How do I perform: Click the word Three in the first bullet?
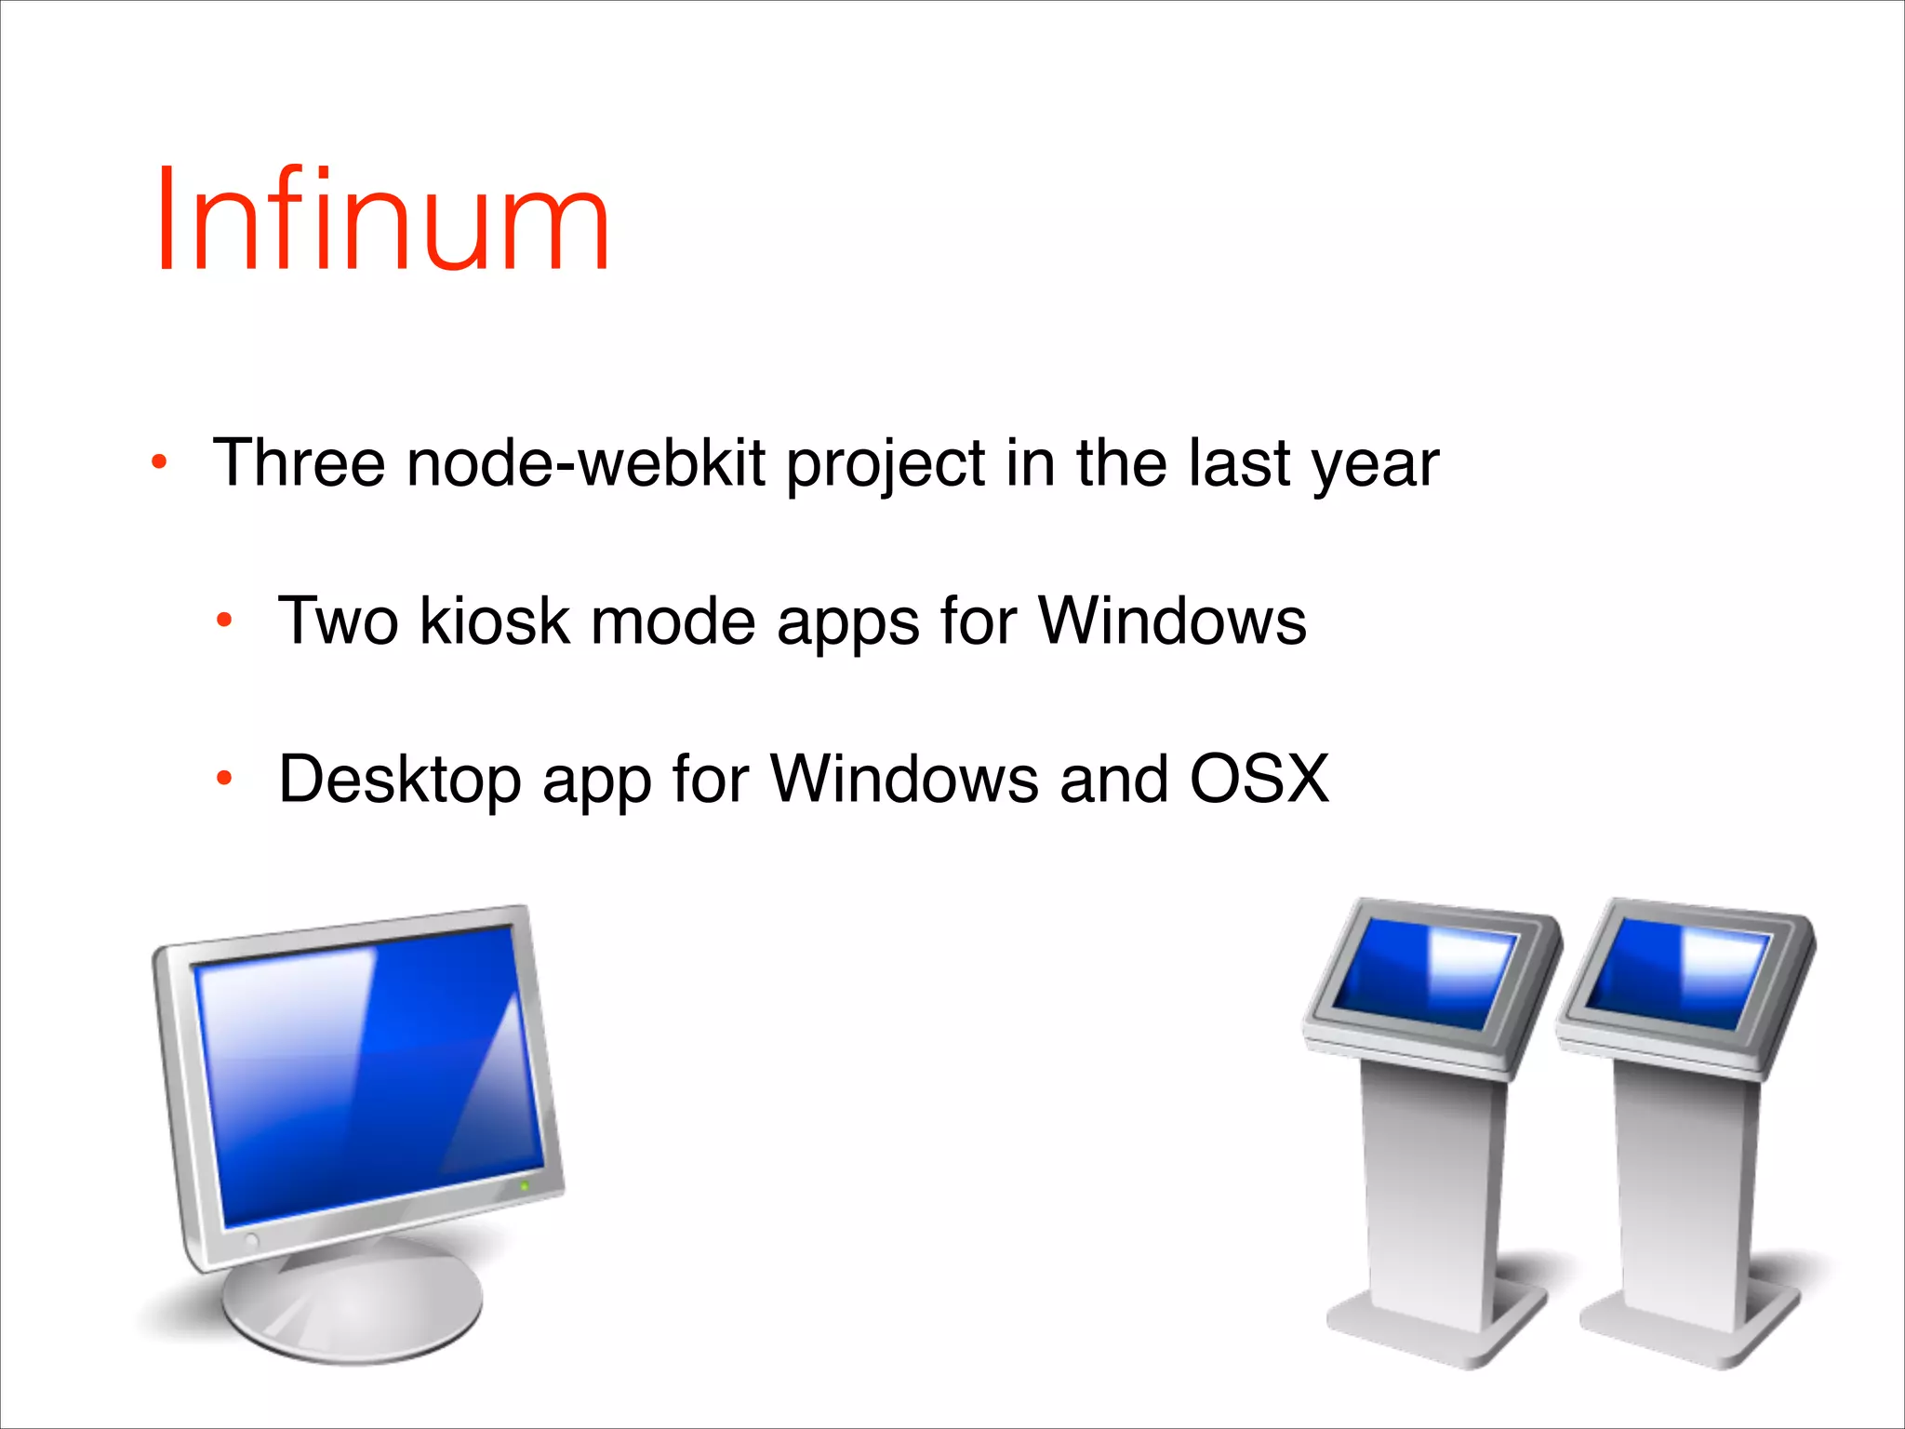[x=299, y=462]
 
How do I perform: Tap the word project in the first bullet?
[x=886, y=464]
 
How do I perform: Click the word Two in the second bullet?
[x=339, y=621]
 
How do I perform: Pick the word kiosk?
[x=494, y=621]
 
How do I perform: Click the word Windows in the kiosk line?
[x=1171, y=621]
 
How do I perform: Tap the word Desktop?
[x=399, y=781]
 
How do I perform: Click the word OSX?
[x=1259, y=779]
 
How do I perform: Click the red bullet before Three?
[x=160, y=462]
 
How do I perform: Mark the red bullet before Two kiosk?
[x=224, y=621]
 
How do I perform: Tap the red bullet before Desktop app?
[x=224, y=779]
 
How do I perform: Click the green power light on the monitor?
[x=524, y=1186]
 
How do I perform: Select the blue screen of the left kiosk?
[x=1423, y=972]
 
